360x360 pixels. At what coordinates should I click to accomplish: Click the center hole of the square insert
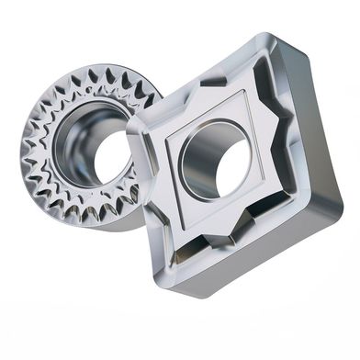pyautogui.click(x=217, y=166)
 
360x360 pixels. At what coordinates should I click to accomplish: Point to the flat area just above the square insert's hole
pyautogui.click(x=220, y=115)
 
